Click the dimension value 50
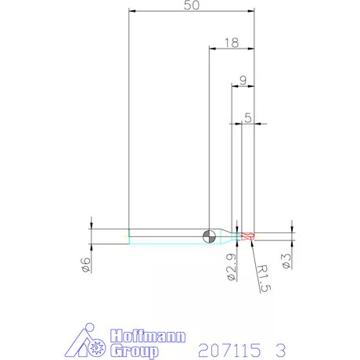192,5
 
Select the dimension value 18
232,43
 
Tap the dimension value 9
243,81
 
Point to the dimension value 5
248,117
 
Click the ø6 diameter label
86,265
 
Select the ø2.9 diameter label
231,267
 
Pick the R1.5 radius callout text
264,279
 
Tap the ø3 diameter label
286,261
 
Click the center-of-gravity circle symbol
209,236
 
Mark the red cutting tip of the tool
247,236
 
